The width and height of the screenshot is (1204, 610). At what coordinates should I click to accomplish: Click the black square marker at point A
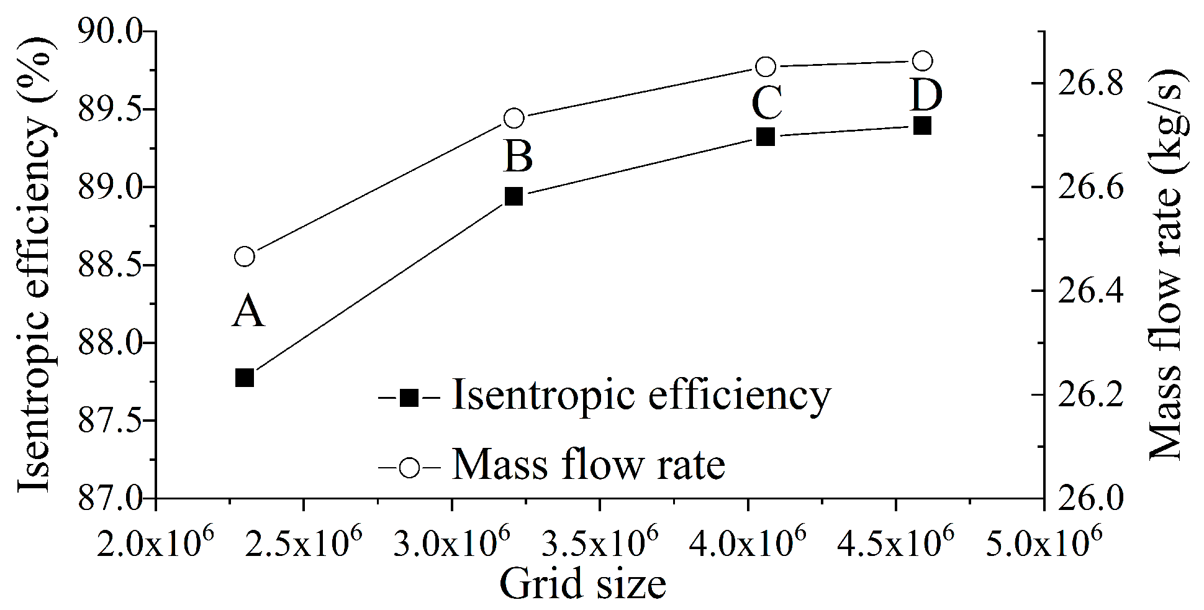pyautogui.click(x=245, y=377)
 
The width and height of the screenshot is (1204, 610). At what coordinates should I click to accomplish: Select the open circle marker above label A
pyautogui.click(x=245, y=257)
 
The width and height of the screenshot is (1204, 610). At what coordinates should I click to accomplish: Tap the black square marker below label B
pyautogui.click(x=514, y=196)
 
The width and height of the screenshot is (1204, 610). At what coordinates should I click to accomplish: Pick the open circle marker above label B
pyautogui.click(x=514, y=118)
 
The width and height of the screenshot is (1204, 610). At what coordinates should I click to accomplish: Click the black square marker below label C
pyautogui.click(x=766, y=136)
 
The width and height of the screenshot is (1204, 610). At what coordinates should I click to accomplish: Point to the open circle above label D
pyautogui.click(x=923, y=61)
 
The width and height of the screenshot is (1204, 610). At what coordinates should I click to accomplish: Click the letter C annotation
pyautogui.click(x=766, y=102)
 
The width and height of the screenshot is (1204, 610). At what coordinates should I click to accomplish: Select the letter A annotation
pyautogui.click(x=248, y=311)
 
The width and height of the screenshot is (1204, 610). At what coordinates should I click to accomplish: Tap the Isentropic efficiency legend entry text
pyautogui.click(x=641, y=395)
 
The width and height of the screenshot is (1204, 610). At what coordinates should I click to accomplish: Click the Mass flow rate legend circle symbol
pyautogui.click(x=410, y=466)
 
